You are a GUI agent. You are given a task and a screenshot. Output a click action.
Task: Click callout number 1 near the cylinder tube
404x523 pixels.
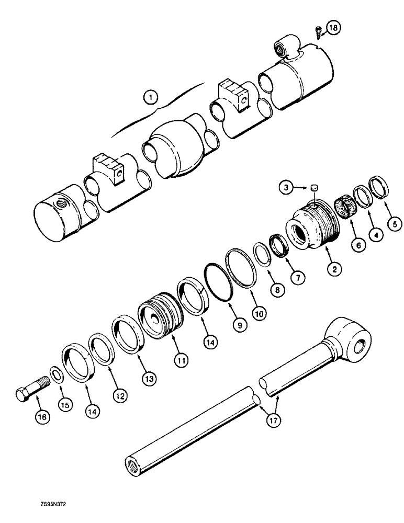pyautogui.click(x=150, y=97)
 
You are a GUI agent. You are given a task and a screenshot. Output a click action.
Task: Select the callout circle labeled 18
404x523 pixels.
pyautogui.click(x=333, y=27)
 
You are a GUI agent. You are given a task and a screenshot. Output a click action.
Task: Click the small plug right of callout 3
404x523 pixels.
pyautogui.click(x=315, y=186)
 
